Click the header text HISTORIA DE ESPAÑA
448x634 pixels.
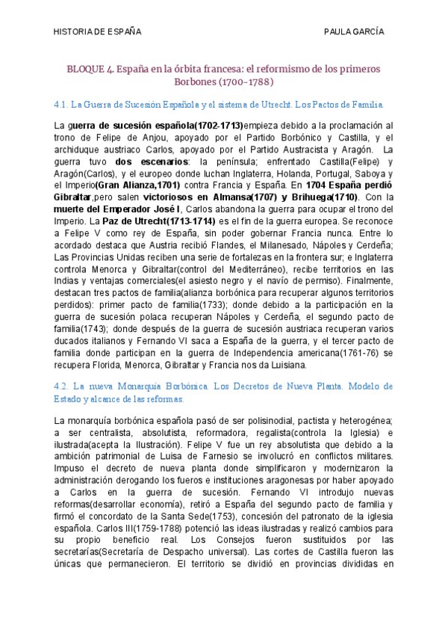[99, 31]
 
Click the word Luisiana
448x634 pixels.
[284, 365]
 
